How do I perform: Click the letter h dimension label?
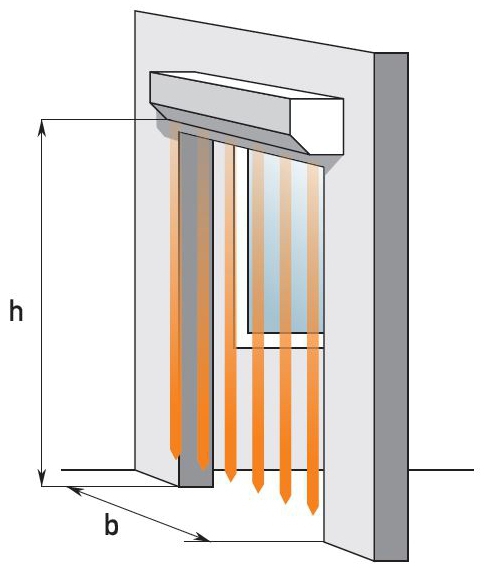coord(16,310)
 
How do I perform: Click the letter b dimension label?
coord(111,524)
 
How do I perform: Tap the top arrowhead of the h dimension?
coord(42,128)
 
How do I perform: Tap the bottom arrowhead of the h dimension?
coord(42,477)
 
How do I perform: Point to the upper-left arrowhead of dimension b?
coord(76,490)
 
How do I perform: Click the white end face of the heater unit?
coord(317,126)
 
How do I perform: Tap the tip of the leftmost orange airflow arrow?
coord(176,459)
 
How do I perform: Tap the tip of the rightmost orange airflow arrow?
coord(313,515)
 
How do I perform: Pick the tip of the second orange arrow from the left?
coord(203,470)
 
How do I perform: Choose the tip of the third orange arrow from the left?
coord(230,481)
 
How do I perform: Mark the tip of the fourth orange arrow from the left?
coord(258,493)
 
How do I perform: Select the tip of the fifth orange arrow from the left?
coord(286,504)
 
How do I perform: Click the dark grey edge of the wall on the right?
coord(391,306)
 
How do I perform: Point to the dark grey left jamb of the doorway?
coord(196,311)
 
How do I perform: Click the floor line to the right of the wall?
coord(441,470)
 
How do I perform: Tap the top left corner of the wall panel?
coord(135,11)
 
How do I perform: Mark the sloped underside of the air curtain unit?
coord(230,129)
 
